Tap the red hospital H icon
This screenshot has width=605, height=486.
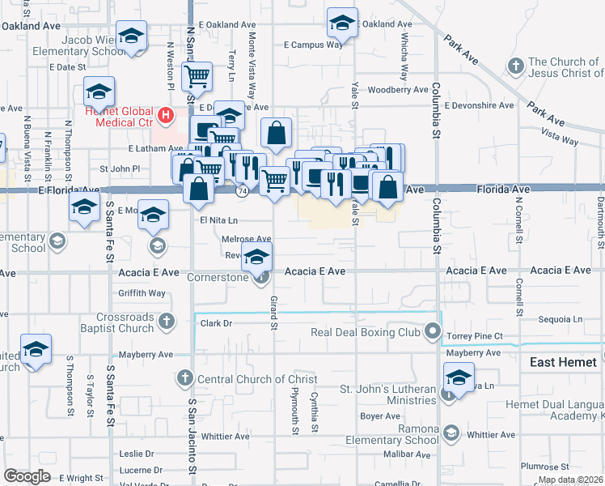pos(166,116)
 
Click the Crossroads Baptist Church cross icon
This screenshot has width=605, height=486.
pos(166,322)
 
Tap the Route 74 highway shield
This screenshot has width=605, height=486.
pos(243,192)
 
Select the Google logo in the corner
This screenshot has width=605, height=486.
pos(27,476)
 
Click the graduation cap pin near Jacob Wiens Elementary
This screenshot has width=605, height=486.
pos(131,36)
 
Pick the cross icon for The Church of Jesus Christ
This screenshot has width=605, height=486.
pos(515,64)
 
